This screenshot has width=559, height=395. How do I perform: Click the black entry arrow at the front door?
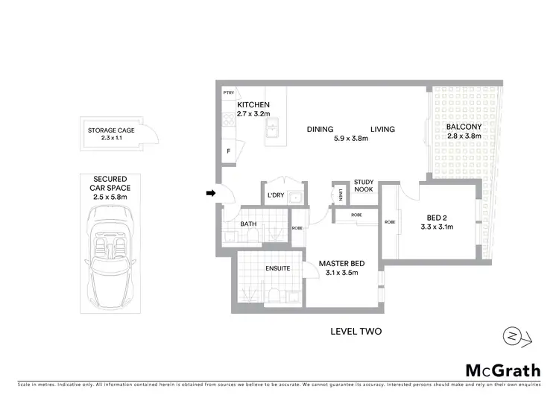[x=211, y=194]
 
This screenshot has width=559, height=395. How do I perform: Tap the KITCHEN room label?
[x=253, y=105]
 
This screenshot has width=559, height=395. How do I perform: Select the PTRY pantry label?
[x=229, y=92]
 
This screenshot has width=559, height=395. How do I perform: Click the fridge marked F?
[x=228, y=151]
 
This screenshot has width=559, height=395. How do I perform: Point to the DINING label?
[x=320, y=129]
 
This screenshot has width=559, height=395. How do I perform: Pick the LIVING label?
[x=382, y=129]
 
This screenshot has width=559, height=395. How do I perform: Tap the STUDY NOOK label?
[x=364, y=185]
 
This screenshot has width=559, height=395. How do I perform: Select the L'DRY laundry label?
[x=276, y=196]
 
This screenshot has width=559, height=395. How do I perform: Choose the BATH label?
[x=248, y=224]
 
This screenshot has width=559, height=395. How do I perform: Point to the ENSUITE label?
[x=277, y=268]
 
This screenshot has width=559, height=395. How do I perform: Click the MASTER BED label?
[x=341, y=264]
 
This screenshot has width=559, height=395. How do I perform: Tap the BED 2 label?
[x=438, y=217]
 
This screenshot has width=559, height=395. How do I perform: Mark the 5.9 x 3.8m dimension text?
[x=351, y=139]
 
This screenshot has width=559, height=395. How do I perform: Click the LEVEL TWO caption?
[x=356, y=332]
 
